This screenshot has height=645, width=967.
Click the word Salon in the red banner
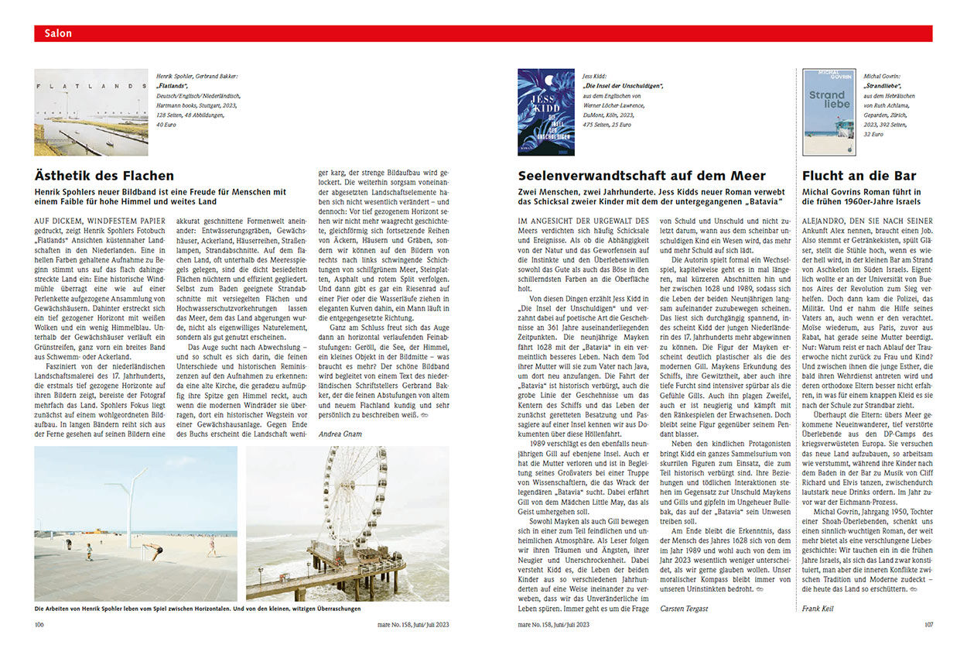[x=58, y=33]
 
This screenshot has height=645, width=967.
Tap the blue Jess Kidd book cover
[x=545, y=112]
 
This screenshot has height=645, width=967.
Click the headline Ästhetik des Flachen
[x=104, y=176]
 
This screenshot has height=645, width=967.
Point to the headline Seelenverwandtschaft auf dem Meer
[x=641, y=176]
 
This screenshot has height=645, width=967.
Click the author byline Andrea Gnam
[x=340, y=434]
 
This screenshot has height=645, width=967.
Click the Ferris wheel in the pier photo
[x=354, y=496]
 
